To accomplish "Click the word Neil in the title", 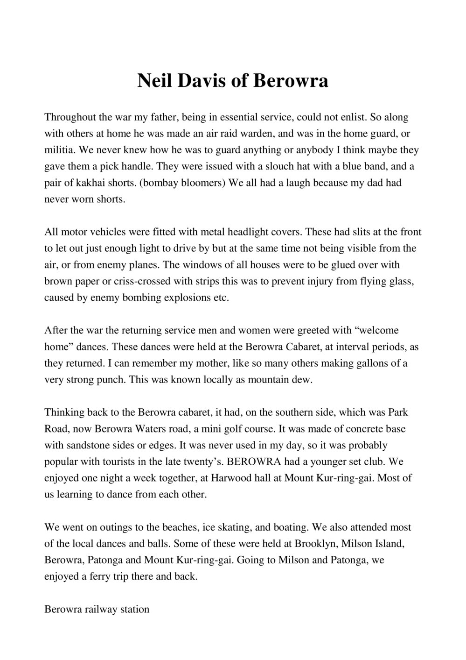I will click(x=154, y=81).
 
